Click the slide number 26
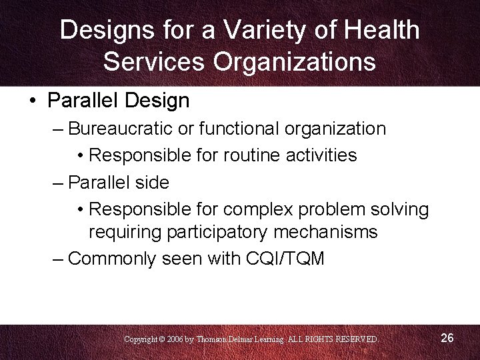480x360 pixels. coord(447,338)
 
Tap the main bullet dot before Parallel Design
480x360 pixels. coord(33,101)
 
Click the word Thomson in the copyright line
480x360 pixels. coord(215,339)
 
